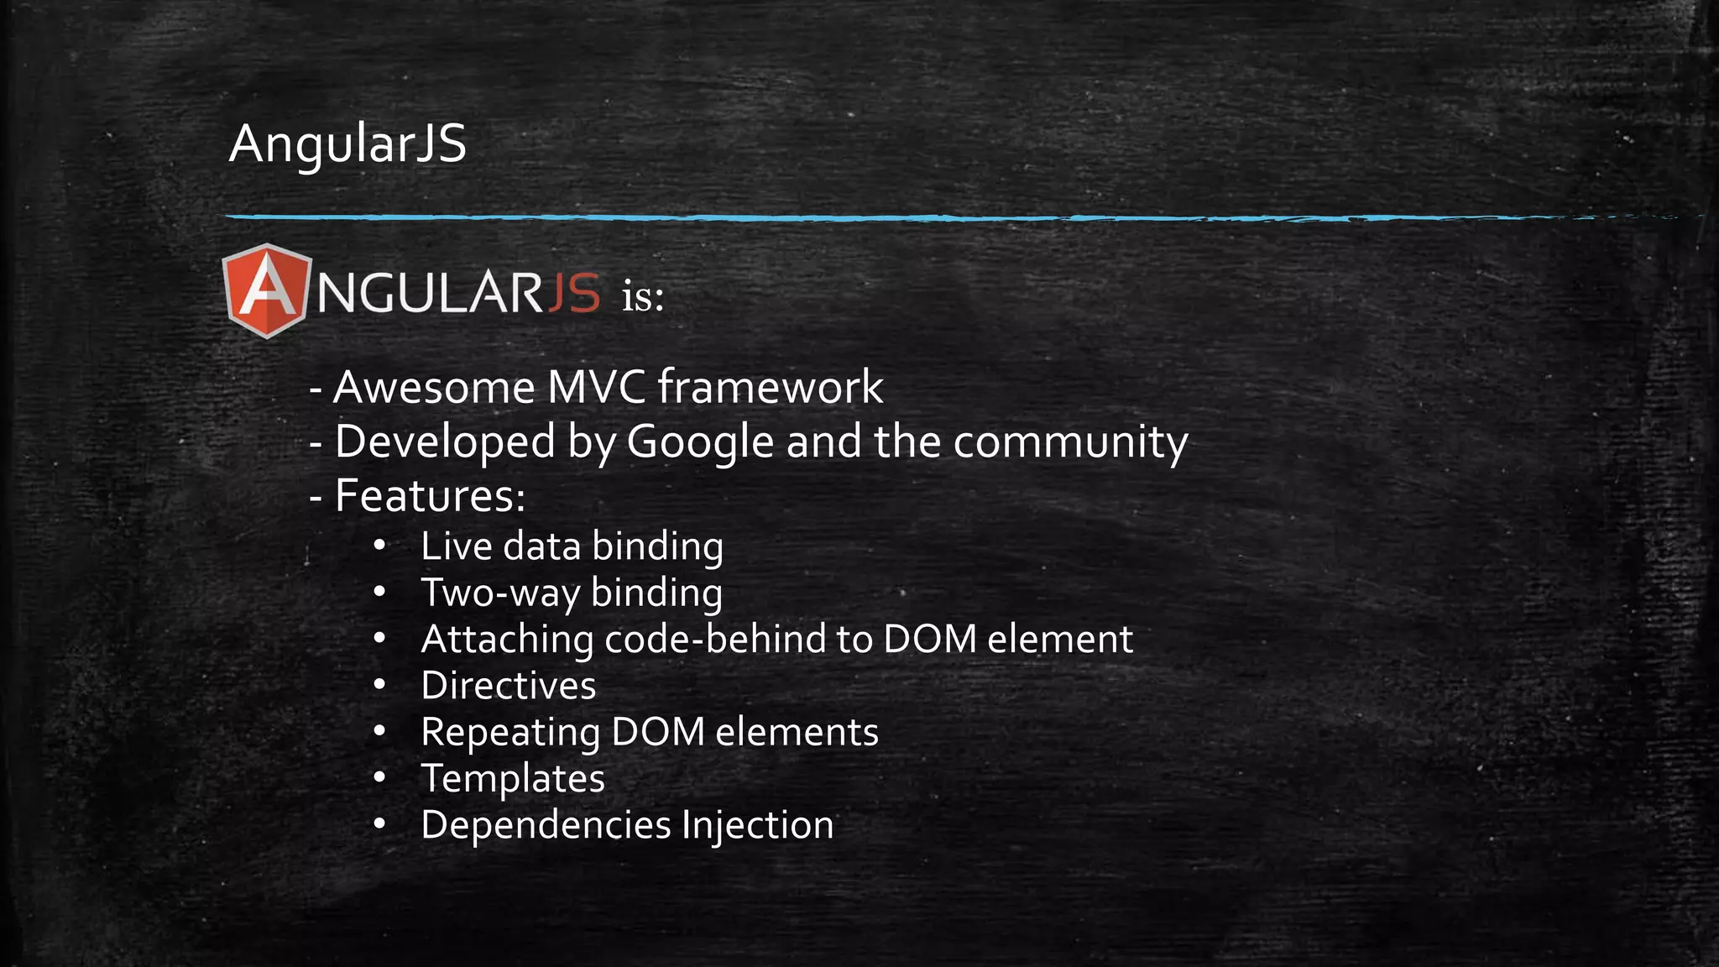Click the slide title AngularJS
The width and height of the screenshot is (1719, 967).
point(347,144)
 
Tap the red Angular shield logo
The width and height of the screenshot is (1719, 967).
point(266,291)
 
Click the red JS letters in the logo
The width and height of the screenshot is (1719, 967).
point(574,293)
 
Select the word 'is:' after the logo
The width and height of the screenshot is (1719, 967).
point(643,296)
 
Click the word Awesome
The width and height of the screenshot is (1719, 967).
point(434,388)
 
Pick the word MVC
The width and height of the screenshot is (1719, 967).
point(596,388)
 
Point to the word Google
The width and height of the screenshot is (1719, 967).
point(700,442)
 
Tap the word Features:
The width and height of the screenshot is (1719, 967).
point(430,495)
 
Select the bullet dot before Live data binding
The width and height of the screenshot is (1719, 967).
point(379,546)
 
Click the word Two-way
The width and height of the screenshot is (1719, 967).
point(500,593)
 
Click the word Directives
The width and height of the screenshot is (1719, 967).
point(509,686)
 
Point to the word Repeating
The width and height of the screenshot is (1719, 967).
point(509,733)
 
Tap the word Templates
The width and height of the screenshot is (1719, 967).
point(513,779)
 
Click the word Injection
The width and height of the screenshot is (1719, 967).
point(757,825)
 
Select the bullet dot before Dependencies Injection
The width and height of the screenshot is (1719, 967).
point(379,824)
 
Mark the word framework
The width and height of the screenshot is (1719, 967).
point(770,388)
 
